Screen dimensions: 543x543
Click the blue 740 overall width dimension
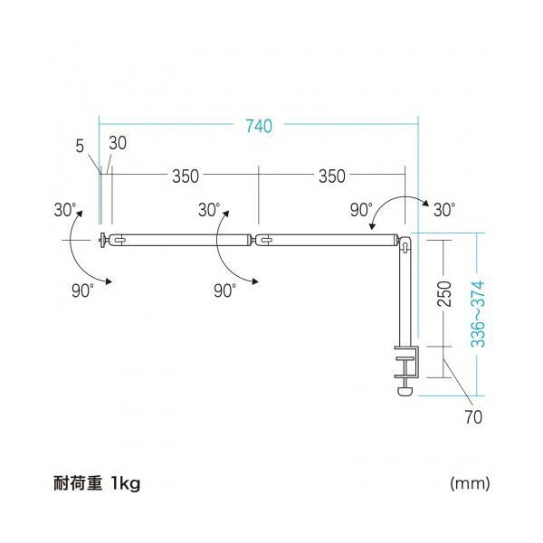(x=259, y=126)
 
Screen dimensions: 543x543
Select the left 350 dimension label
(x=186, y=176)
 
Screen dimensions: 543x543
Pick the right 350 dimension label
(x=332, y=176)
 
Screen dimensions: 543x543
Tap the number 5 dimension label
(x=80, y=147)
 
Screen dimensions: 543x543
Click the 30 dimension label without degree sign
(x=118, y=143)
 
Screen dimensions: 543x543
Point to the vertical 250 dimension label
(x=444, y=293)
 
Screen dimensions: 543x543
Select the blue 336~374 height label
(x=478, y=314)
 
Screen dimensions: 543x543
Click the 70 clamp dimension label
(x=473, y=417)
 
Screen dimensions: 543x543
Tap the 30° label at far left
(x=65, y=210)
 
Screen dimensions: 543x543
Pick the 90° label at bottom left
(x=82, y=291)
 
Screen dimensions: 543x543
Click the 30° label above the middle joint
(x=209, y=210)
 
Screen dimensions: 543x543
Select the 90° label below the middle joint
(x=225, y=291)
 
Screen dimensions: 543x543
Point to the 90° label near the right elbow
(x=361, y=210)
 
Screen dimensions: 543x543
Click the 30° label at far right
(x=444, y=210)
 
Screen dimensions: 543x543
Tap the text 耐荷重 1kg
(x=97, y=482)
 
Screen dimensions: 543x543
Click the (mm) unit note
(x=470, y=482)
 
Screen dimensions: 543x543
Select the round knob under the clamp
(x=405, y=391)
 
